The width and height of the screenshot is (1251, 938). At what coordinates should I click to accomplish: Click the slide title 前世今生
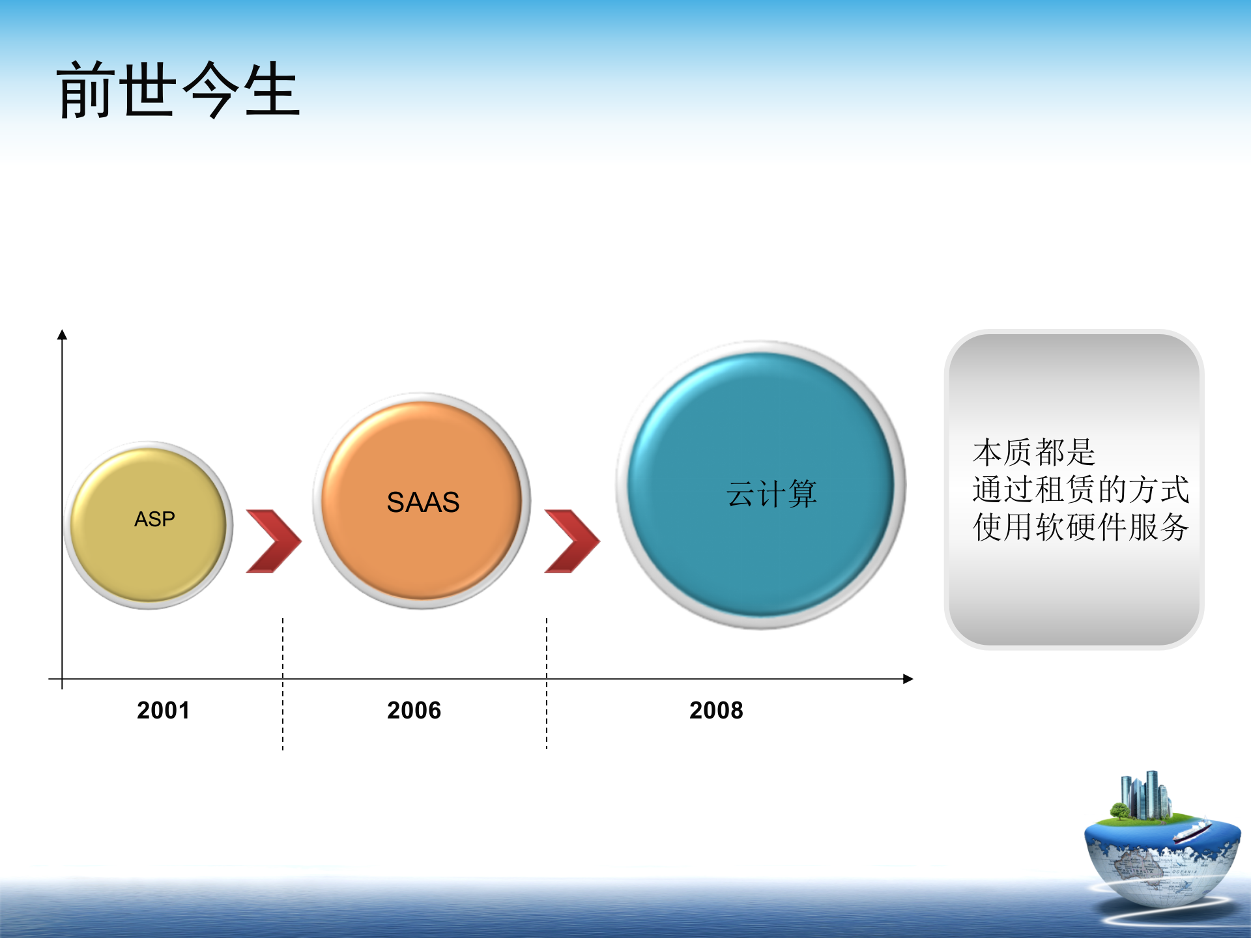point(179,90)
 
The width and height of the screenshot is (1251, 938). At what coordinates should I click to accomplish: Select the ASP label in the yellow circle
point(154,519)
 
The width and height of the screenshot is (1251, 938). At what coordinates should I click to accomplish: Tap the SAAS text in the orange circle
point(423,502)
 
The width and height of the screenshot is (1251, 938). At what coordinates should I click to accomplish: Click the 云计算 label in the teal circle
point(771,493)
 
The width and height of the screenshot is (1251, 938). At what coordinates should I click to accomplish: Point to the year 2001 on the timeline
point(164,710)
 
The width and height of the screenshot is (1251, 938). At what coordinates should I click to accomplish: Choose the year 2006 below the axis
point(414,710)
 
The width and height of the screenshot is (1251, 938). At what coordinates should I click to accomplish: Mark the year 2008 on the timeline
point(717,710)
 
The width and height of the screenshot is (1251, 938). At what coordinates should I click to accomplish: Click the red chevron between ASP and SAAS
point(274,541)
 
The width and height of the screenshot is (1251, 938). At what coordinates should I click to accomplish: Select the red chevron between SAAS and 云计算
point(572,541)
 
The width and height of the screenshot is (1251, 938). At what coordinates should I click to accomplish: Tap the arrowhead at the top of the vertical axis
point(63,334)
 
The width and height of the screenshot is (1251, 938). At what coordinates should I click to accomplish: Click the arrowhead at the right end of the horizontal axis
point(908,679)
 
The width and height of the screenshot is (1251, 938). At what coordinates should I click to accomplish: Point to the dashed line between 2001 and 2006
point(283,684)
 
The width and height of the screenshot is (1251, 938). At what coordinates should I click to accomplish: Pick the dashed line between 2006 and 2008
point(547,684)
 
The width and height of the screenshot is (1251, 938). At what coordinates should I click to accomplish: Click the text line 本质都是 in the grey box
point(1034,452)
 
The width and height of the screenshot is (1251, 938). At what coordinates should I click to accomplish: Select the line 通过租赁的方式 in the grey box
point(1081,489)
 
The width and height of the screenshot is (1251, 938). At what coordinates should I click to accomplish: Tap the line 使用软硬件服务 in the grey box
point(1081,527)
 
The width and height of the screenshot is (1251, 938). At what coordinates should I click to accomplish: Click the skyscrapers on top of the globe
point(1145,795)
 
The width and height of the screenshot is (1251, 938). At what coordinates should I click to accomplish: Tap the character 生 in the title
point(272,90)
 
